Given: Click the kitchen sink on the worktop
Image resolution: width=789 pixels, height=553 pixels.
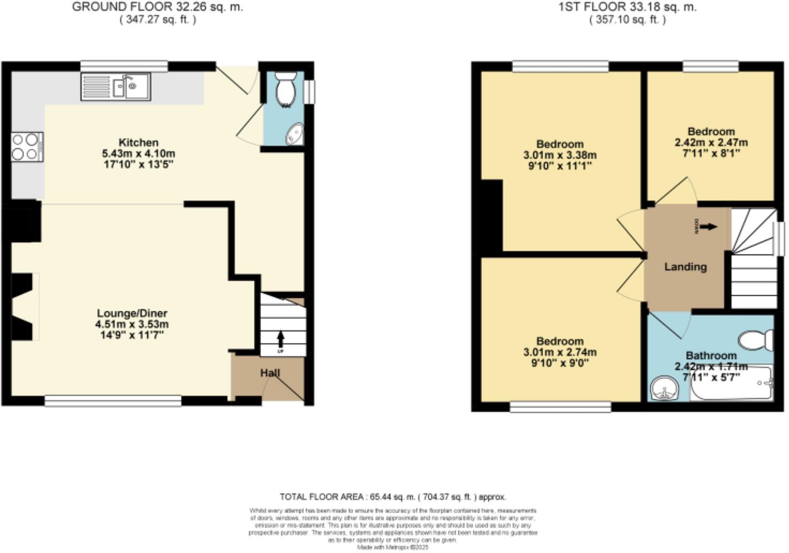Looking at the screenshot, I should pyautogui.click(x=131, y=87).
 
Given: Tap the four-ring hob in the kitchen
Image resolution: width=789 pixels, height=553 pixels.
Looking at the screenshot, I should pyautogui.click(x=27, y=147).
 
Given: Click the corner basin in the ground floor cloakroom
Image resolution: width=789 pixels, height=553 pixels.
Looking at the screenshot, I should pyautogui.click(x=295, y=134).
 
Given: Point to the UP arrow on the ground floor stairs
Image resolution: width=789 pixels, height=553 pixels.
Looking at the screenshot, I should pyautogui.click(x=280, y=339).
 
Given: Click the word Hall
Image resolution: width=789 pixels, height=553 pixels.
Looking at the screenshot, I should pyautogui.click(x=270, y=373).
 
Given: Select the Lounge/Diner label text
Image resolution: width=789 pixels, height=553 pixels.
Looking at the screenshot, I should pyautogui.click(x=132, y=313).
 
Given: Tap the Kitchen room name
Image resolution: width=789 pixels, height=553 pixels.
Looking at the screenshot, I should pyautogui.click(x=138, y=143).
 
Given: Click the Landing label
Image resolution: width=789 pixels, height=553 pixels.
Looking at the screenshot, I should pyautogui.click(x=685, y=267).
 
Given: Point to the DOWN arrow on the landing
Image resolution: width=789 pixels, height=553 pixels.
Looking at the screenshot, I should pyautogui.click(x=709, y=227).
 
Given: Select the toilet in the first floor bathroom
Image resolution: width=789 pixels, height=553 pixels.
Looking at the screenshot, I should pyautogui.click(x=756, y=340).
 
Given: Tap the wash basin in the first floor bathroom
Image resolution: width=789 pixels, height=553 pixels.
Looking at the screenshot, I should pyautogui.click(x=663, y=388).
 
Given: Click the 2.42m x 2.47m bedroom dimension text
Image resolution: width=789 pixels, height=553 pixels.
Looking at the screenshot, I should pyautogui.click(x=711, y=143).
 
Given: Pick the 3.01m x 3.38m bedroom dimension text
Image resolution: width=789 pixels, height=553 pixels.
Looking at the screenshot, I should pyautogui.click(x=560, y=155).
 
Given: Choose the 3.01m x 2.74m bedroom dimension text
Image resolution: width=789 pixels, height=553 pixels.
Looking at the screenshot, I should pyautogui.click(x=560, y=353).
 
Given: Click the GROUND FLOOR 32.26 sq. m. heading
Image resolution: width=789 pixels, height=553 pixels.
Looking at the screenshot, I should pyautogui.click(x=157, y=7).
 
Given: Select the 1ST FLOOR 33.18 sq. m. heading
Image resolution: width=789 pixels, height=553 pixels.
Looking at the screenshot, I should pyautogui.click(x=628, y=7).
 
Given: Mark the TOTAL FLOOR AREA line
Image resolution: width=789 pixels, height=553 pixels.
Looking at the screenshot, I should pyautogui.click(x=393, y=497).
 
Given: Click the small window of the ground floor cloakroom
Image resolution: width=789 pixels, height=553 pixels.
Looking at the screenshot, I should pyautogui.click(x=309, y=92).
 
